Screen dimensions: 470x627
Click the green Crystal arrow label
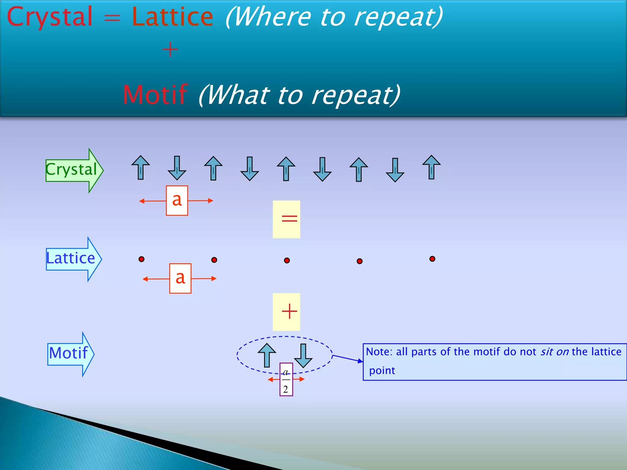click(72, 170)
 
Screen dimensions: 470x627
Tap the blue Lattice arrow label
click(71, 259)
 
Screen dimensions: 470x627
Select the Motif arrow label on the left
click(69, 353)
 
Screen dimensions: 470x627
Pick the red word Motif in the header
click(155, 95)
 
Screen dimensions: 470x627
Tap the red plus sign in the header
click(170, 50)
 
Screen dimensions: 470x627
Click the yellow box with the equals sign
click(286, 219)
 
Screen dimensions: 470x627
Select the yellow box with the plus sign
click(286, 312)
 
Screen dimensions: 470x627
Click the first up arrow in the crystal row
click(141, 167)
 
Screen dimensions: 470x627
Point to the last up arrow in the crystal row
click(431, 167)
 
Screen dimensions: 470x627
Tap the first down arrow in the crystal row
click(177, 168)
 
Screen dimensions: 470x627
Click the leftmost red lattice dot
click(141, 259)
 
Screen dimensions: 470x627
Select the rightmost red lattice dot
click(432, 259)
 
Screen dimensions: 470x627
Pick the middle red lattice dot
click(287, 260)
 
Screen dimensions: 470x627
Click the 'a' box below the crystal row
click(177, 200)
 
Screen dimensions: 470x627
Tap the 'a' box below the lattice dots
click(180, 278)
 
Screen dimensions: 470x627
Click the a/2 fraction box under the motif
click(286, 380)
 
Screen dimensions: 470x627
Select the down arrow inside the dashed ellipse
click(303, 356)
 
